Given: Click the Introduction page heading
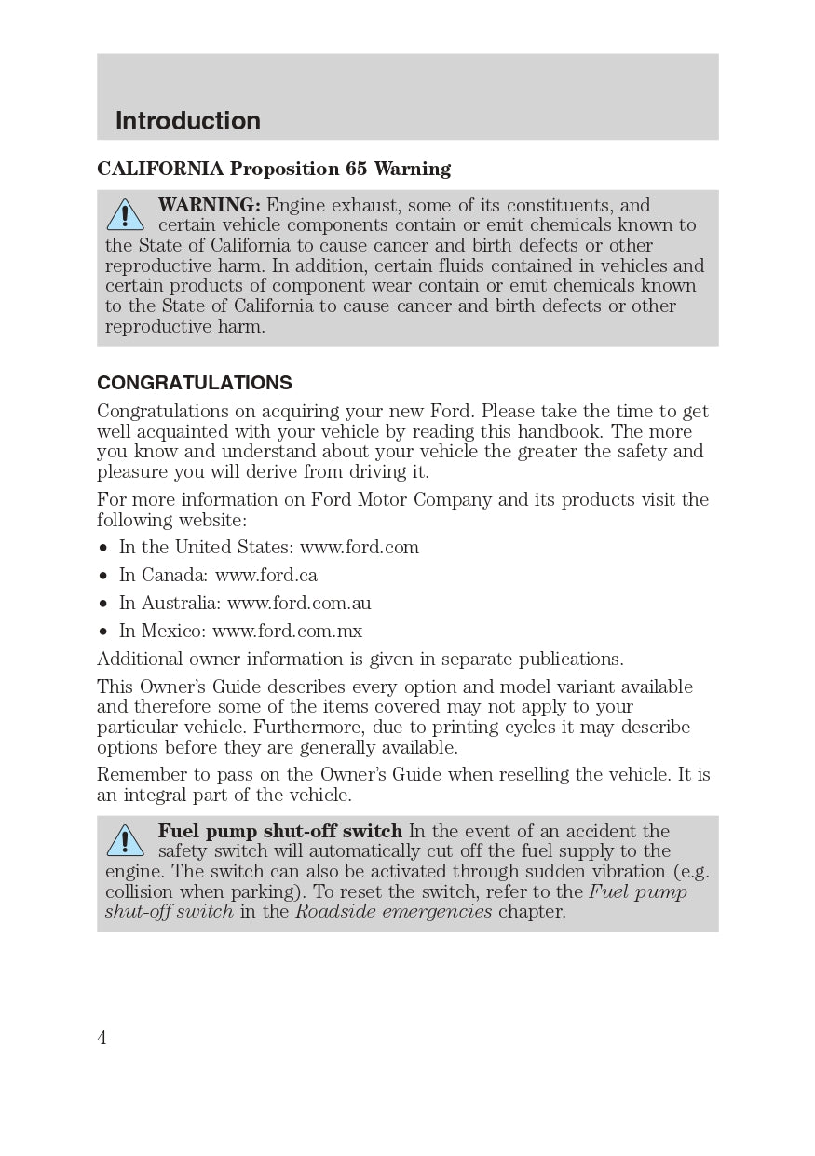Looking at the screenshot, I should click(187, 121).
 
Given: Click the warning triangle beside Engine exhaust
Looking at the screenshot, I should click(125, 215).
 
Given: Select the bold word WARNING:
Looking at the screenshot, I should click(209, 205).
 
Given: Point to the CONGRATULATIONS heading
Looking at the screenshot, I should click(195, 383).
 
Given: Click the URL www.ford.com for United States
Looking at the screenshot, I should click(360, 547).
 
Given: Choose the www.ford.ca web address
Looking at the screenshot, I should click(266, 575).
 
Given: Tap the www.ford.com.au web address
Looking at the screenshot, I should click(299, 603).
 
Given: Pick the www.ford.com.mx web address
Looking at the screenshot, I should click(287, 631).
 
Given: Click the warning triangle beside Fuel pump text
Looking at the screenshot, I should click(125, 841).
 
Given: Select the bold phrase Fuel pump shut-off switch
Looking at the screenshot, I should click(279, 831).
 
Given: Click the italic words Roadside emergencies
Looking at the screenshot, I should click(393, 911).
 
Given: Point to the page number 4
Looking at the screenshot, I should click(102, 1038).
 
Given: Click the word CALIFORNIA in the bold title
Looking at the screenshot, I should click(160, 169).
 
